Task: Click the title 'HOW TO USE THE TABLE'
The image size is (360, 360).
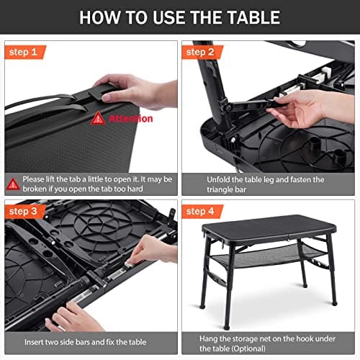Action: point(179,17)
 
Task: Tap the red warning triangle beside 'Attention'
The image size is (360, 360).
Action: point(98,118)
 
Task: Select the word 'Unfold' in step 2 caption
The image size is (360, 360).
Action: point(198,179)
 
